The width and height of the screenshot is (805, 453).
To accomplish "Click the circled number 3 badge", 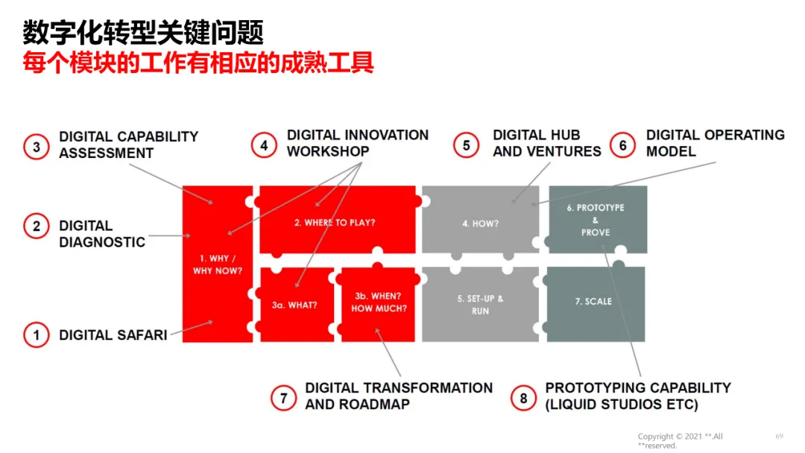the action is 36,146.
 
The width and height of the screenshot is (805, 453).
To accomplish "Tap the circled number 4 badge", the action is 264,145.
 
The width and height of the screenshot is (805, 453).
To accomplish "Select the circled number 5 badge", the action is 467,145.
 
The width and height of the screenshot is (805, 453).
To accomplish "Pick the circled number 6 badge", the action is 623,145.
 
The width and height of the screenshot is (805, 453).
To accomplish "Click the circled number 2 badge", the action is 36,226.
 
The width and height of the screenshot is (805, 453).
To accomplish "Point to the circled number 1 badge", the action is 36,335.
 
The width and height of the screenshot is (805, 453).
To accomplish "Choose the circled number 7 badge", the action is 283,398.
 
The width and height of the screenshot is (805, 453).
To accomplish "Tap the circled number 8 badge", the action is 523,398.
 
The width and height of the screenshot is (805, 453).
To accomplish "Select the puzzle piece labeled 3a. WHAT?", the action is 295,305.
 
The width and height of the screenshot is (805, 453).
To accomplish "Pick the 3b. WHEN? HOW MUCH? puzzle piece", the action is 379,302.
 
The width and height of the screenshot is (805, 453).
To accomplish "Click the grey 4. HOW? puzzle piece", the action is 479,222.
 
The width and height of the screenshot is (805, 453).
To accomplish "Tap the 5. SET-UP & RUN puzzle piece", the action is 479,304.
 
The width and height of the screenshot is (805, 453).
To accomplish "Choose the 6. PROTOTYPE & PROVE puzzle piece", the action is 596,220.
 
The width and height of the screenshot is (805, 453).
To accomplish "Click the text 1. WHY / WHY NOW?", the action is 218,264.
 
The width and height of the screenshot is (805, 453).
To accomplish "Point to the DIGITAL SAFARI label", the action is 113,335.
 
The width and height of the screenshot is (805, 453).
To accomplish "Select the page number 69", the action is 779,436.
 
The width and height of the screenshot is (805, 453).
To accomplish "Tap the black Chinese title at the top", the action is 143,32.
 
